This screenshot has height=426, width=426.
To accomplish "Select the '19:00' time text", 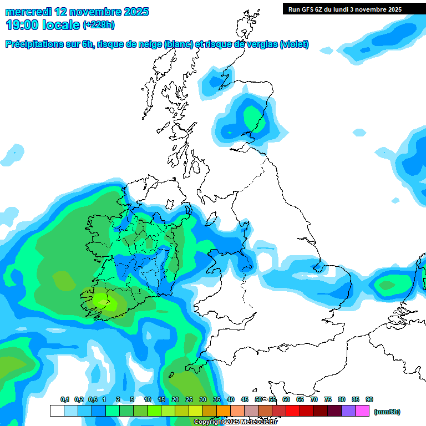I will [23, 24].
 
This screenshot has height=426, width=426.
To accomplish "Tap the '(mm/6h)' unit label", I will [387, 412].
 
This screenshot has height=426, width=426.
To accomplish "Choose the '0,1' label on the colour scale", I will [64, 399].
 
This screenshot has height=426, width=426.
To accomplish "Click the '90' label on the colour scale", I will [369, 399].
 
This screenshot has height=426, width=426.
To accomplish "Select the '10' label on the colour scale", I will [148, 399].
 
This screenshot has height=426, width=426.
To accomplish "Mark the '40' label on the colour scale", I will [231, 399].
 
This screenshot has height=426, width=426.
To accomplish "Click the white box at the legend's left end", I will [57, 411].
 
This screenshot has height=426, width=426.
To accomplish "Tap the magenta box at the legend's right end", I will [362, 411].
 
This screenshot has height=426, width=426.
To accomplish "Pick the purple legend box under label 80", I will [348, 411].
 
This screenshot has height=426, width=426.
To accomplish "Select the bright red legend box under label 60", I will [293, 411].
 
